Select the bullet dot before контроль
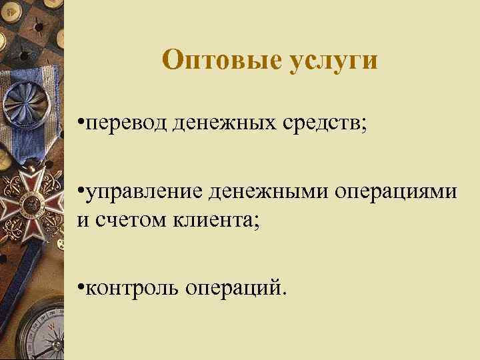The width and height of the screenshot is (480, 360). point(81,287)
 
